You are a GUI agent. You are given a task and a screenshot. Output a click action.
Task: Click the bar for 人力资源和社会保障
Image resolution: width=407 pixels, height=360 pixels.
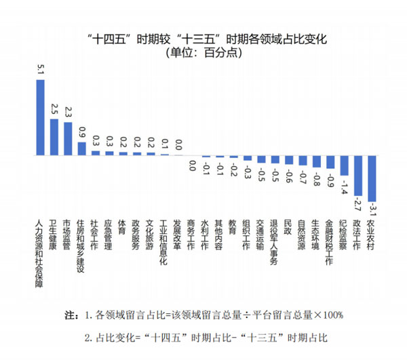[x=40, y=117]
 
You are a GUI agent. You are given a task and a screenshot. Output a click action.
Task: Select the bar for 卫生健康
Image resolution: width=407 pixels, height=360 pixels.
[x=54, y=137]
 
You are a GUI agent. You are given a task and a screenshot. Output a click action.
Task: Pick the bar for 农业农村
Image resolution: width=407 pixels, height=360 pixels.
[x=371, y=178]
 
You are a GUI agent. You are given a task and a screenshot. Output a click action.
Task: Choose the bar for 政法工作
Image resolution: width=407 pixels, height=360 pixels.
[x=357, y=176]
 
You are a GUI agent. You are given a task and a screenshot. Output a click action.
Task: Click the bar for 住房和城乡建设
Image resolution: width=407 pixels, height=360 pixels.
[x=81, y=148]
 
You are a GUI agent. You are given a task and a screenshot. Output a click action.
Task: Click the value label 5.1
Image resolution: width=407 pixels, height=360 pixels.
[x=40, y=69]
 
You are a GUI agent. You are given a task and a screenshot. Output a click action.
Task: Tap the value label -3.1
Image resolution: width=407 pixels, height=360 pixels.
[x=372, y=212]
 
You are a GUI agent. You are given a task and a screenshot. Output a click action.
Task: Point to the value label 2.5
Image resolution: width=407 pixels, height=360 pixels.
[x=54, y=108]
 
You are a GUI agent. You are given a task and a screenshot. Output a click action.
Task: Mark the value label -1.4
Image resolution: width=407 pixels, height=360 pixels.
[x=344, y=186]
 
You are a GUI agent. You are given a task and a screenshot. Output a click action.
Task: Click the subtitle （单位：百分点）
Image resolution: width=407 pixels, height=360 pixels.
[x=203, y=54]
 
